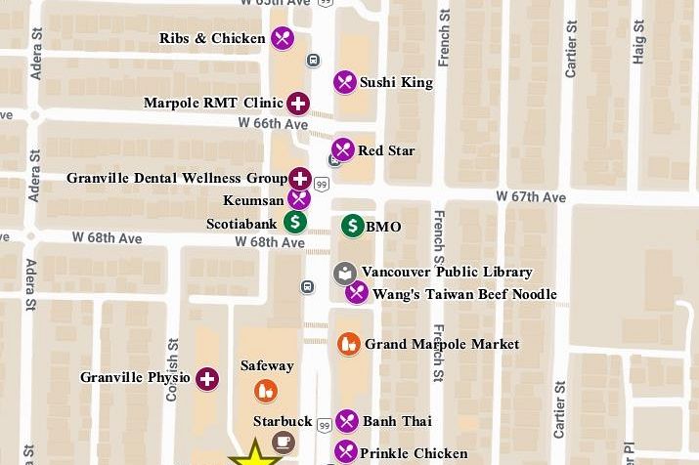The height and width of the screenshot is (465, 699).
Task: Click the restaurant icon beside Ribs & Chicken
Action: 283,38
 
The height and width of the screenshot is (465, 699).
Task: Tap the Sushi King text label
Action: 396,83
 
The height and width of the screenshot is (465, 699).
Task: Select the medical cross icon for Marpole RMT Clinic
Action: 298,103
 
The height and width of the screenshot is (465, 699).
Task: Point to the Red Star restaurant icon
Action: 342,150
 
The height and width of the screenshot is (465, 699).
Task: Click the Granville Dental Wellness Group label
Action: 177,178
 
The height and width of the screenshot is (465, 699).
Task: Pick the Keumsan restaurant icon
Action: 299,199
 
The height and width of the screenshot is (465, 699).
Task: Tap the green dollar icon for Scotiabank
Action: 295,223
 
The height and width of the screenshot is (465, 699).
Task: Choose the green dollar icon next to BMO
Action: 353,227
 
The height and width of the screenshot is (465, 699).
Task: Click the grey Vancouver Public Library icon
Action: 345,273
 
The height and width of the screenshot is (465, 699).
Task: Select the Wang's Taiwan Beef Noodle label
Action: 465,294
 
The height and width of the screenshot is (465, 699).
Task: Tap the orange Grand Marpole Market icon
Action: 349,344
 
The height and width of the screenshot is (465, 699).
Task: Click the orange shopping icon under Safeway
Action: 265,391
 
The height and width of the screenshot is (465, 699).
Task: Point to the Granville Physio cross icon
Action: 207,379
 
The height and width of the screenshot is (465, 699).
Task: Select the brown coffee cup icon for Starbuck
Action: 283,443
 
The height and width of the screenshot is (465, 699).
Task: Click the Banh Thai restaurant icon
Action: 347,421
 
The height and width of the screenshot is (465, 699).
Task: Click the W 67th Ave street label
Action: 531,197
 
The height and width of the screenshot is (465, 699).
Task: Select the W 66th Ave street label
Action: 273,123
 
